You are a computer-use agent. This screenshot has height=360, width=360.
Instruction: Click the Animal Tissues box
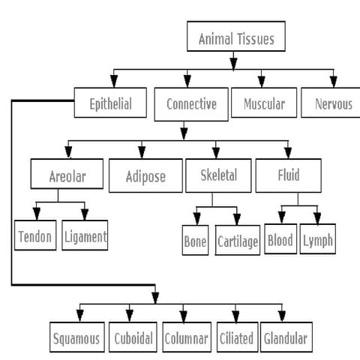[x=235, y=37]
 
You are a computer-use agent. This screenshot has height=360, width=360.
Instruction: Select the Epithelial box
[x=111, y=103]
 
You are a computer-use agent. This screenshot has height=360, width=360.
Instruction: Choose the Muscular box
[x=264, y=103]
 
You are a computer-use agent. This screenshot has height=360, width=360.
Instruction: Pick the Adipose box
[x=145, y=178]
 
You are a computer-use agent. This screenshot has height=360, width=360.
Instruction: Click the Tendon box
[x=36, y=237]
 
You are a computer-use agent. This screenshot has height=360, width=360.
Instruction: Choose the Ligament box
[x=85, y=237]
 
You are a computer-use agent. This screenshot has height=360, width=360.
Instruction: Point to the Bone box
[x=195, y=241]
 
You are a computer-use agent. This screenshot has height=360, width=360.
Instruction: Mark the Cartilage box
[x=238, y=241]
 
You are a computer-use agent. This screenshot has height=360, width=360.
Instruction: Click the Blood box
[x=280, y=241]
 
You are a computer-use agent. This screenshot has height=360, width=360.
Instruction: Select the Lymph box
[x=318, y=241]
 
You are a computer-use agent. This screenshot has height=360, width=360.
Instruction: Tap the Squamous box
[x=76, y=338]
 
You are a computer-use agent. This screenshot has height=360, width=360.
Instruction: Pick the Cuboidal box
[x=133, y=338]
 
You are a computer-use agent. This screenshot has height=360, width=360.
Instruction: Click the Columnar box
[x=186, y=338]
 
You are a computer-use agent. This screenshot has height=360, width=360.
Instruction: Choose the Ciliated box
[x=236, y=338]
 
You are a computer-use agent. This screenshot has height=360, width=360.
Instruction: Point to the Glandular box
[x=285, y=338]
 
